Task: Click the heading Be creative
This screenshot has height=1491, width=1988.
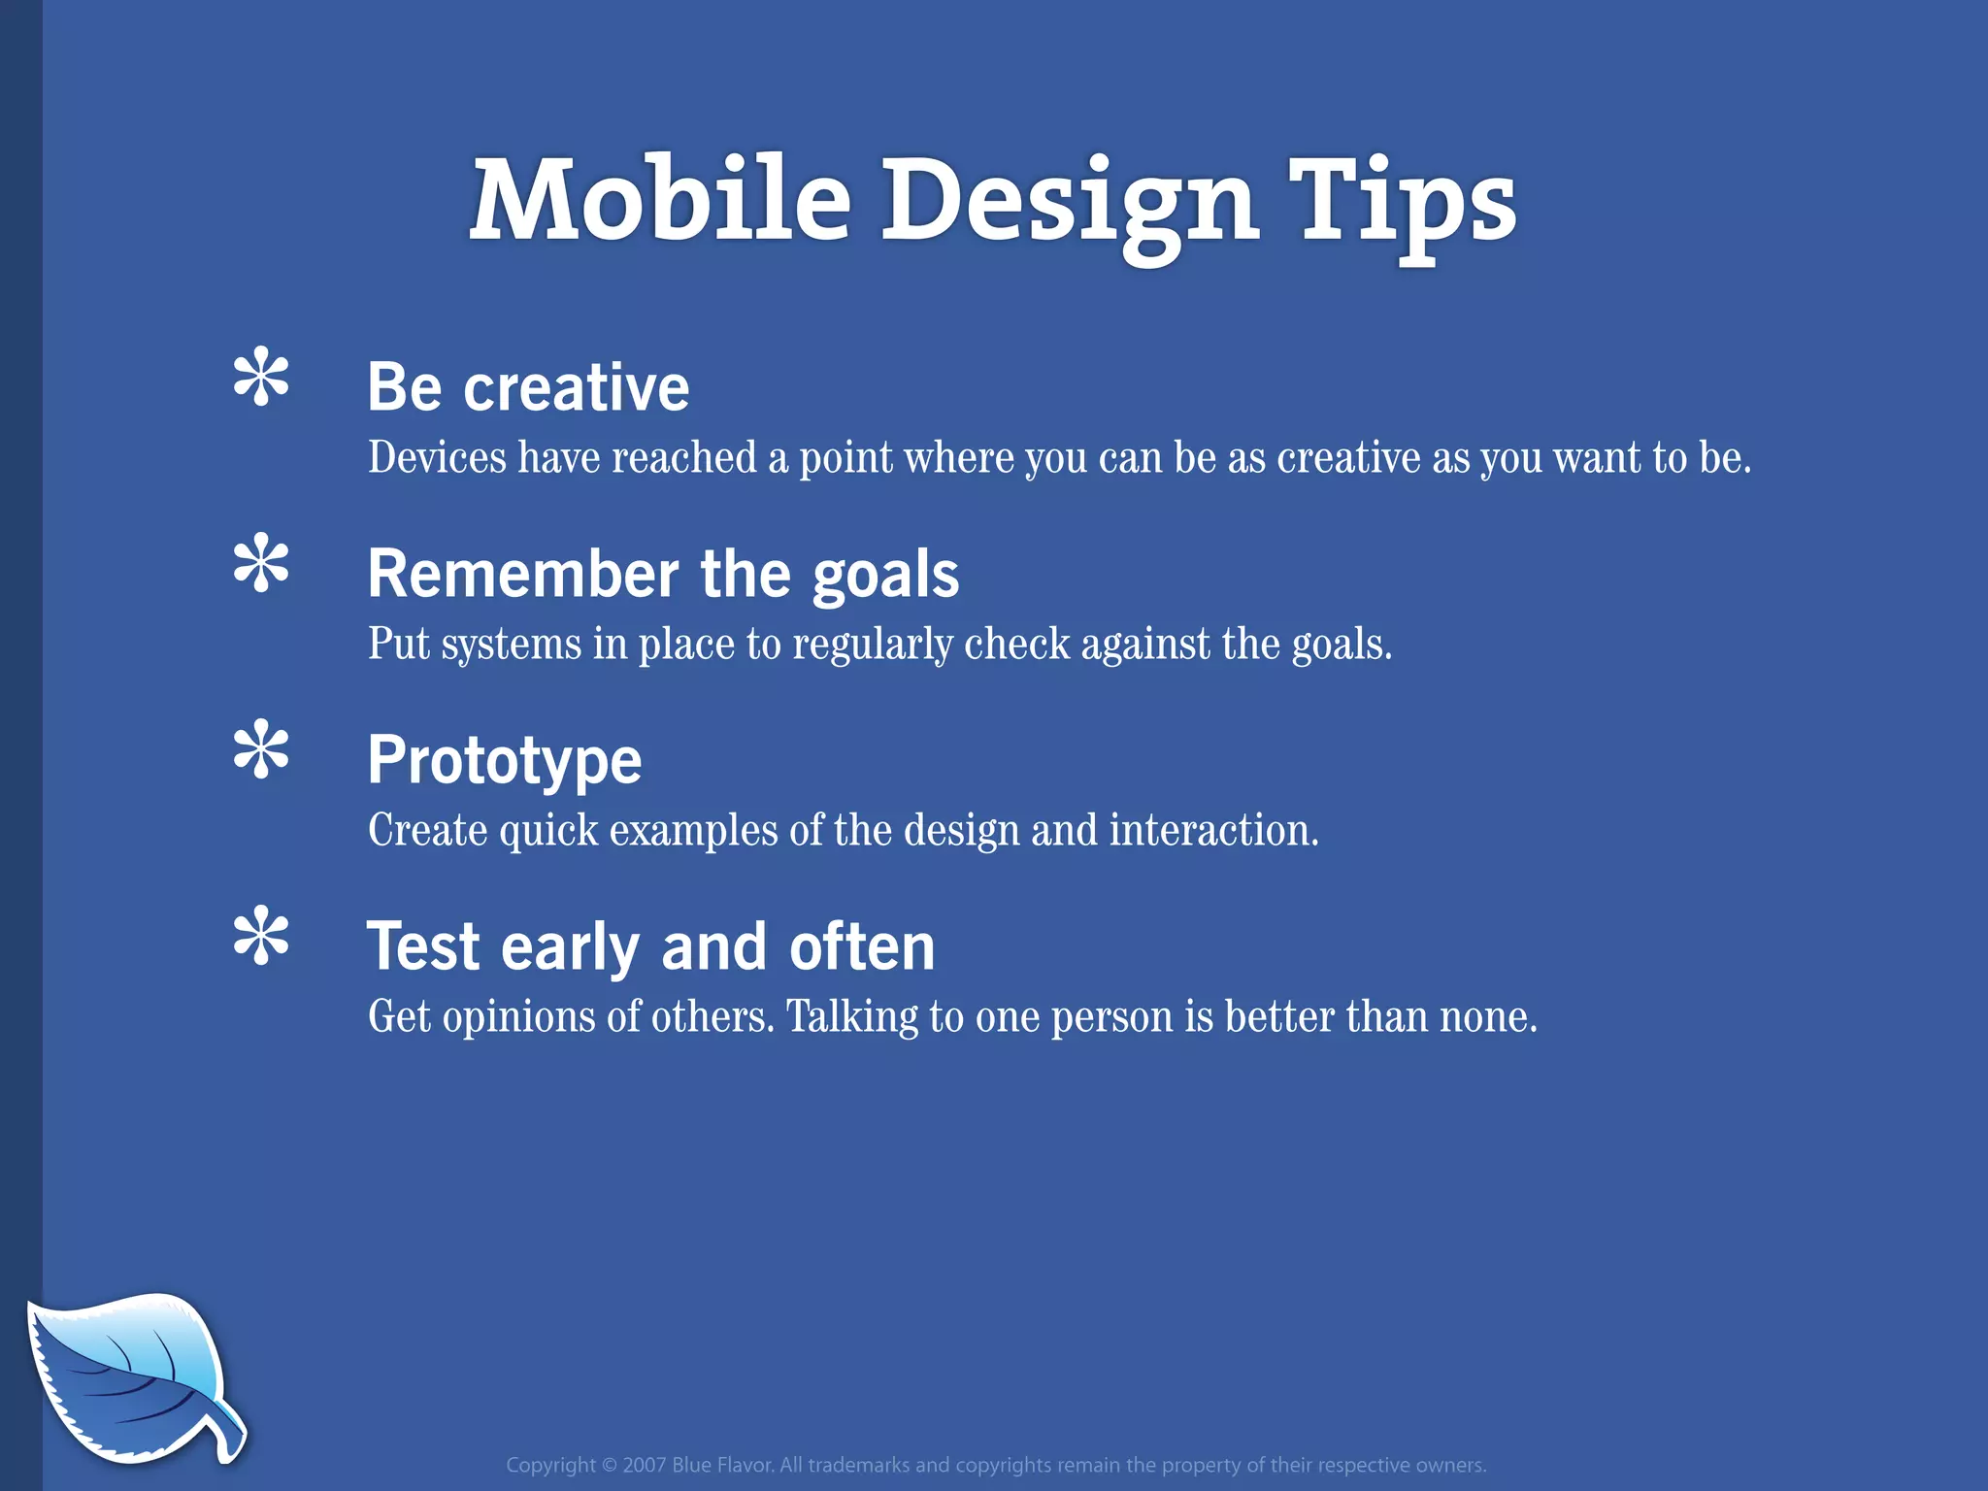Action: click(528, 387)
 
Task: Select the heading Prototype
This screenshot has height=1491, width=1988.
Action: click(504, 761)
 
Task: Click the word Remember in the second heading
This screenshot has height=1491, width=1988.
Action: click(522, 574)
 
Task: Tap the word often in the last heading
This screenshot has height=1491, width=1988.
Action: click(861, 946)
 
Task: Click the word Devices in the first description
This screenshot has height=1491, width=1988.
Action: click(437, 457)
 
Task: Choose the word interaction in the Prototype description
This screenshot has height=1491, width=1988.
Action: click(1212, 831)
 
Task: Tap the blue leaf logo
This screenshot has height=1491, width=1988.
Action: click(126, 1374)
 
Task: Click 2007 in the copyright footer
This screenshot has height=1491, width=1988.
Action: click(644, 1465)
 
